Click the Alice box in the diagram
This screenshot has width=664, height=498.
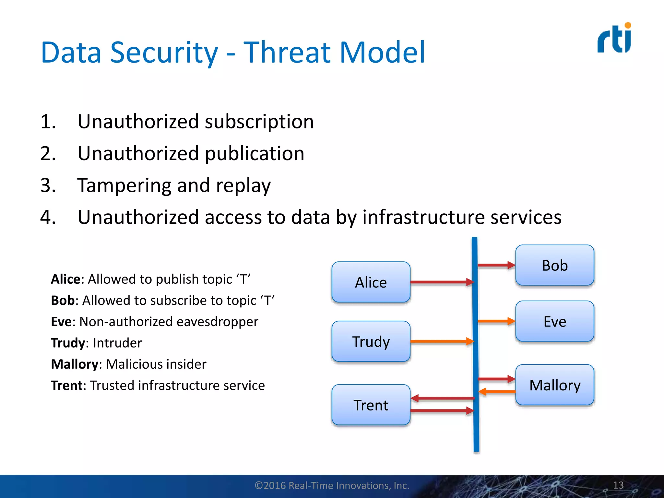click(x=371, y=282)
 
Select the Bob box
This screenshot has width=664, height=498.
click(x=555, y=265)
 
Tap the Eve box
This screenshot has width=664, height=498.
click(x=555, y=321)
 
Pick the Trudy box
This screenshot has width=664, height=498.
click(x=371, y=341)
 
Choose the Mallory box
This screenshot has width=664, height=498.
click(x=555, y=385)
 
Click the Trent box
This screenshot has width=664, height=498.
click(x=371, y=405)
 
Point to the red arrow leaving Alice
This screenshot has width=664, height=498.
click(x=441, y=282)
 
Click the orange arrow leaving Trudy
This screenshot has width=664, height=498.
click(x=441, y=341)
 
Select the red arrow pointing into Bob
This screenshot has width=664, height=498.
click(x=496, y=265)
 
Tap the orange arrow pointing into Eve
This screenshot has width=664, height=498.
click(x=496, y=321)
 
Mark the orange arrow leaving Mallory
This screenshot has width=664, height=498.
click(x=497, y=392)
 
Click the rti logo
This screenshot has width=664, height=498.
click(x=614, y=38)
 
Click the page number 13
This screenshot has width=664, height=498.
click(x=618, y=485)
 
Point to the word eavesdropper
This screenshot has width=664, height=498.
click(x=217, y=322)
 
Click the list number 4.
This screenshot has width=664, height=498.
click(x=48, y=217)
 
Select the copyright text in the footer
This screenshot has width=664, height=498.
click(x=332, y=485)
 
